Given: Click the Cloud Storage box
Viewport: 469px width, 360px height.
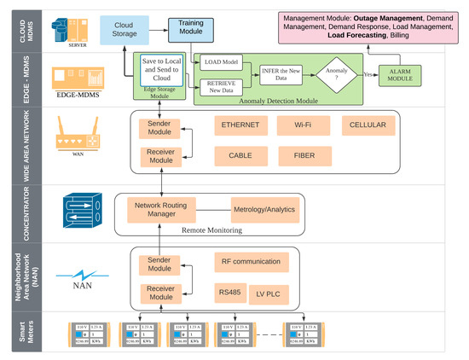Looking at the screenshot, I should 127,30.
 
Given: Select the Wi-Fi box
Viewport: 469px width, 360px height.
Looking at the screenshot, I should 303,125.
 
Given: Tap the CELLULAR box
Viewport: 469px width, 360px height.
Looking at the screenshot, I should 368,125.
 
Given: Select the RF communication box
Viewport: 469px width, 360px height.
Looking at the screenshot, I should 255,262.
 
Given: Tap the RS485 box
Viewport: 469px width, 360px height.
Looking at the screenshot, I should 229,293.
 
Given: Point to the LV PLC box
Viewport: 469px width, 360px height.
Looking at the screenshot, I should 275,293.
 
